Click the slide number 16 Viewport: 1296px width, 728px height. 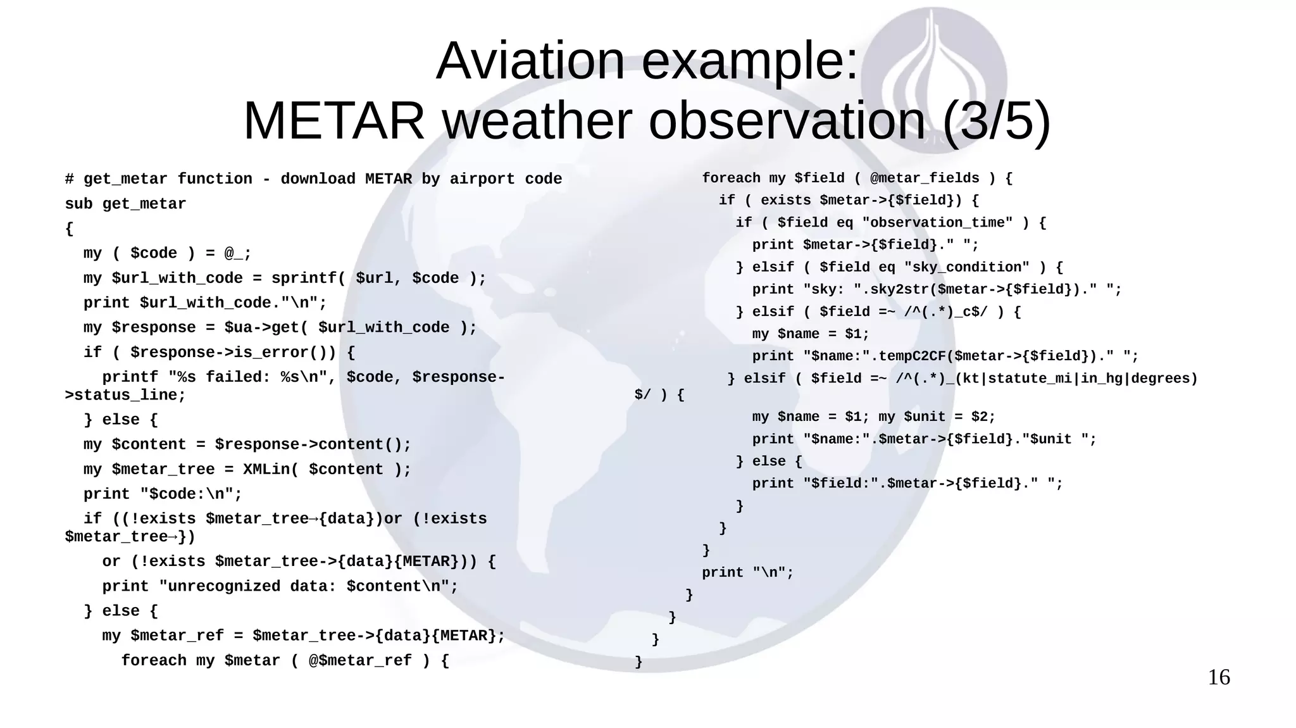1219,677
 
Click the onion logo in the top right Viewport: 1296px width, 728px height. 933,76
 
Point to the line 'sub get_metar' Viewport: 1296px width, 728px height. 125,204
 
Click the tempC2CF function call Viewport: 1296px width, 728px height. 912,356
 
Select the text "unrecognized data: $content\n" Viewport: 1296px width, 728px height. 308,587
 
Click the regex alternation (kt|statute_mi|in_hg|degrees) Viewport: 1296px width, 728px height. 1076,379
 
